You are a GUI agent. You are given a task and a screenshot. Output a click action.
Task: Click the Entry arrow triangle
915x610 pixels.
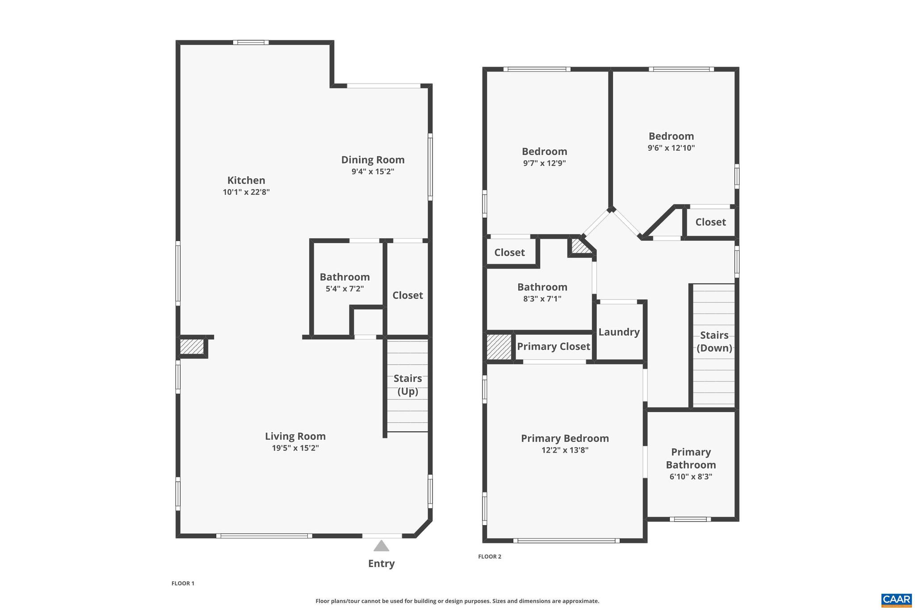pyautogui.click(x=381, y=546)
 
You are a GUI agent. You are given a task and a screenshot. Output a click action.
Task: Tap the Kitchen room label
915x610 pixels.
pyautogui.click(x=246, y=181)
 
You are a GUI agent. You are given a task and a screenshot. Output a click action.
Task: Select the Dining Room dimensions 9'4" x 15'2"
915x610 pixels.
pyautogui.click(x=373, y=172)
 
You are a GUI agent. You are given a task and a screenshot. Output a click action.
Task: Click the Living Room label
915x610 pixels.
pyautogui.click(x=295, y=436)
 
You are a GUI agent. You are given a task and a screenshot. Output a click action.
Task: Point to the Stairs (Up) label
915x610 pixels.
pyautogui.click(x=407, y=385)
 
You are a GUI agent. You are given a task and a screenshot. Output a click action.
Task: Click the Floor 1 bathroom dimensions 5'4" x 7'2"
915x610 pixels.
pyautogui.click(x=344, y=289)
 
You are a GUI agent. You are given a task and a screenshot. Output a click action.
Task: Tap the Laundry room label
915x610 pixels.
pyautogui.click(x=619, y=332)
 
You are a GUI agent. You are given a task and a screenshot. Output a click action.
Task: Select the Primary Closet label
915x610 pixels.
pyautogui.click(x=554, y=346)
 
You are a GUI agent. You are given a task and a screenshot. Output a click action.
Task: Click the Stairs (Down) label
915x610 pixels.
pyautogui.click(x=714, y=341)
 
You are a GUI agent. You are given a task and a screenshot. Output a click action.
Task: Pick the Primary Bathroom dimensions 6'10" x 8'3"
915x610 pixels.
pyautogui.click(x=691, y=476)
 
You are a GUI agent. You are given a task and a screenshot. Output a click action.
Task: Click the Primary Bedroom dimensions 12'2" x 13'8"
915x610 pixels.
pyautogui.click(x=565, y=450)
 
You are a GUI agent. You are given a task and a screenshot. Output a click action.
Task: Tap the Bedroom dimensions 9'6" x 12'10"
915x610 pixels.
pyautogui.click(x=671, y=148)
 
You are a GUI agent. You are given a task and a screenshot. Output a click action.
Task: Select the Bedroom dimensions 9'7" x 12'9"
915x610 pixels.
pyautogui.click(x=544, y=163)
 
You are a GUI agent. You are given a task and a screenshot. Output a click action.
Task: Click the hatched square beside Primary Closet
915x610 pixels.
pyautogui.click(x=499, y=347)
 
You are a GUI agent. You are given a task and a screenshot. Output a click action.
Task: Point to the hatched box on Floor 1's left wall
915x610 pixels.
pyautogui.click(x=192, y=347)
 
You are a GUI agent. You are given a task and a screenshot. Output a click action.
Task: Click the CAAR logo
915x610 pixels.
pyautogui.click(x=896, y=600)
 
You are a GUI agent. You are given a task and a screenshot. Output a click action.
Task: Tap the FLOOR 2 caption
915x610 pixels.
pyautogui.click(x=490, y=556)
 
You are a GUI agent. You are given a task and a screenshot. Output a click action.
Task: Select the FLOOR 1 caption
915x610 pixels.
pyautogui.click(x=183, y=583)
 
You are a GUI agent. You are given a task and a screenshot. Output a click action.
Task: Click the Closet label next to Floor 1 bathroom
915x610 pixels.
pyautogui.click(x=407, y=295)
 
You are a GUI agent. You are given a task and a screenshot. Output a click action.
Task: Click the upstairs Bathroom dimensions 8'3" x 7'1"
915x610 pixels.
pyautogui.click(x=542, y=299)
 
